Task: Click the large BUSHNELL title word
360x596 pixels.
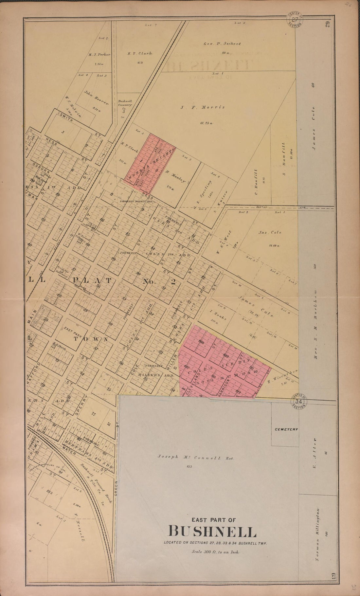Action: [x=212, y=532]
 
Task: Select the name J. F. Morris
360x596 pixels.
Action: [x=203, y=107]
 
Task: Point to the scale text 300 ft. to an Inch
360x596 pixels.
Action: [x=216, y=552]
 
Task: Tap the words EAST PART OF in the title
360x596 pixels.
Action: [x=212, y=519]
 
